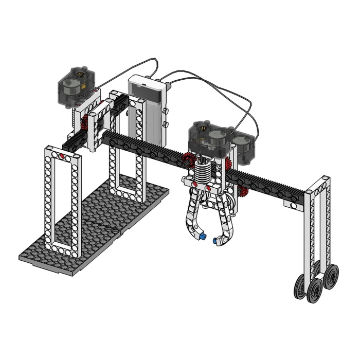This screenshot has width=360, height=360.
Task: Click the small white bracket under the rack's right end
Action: click(x=293, y=206)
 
